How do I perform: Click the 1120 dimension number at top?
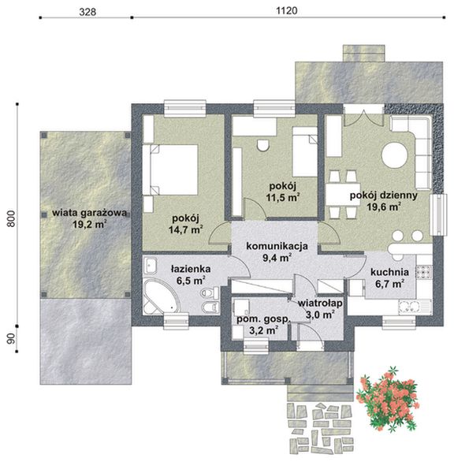click(287, 11)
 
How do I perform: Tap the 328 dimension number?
click(87, 12)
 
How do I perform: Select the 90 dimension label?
click(11, 339)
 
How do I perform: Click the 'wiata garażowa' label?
click(89, 213)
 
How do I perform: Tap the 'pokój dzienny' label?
click(383, 196)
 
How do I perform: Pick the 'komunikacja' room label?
click(277, 246)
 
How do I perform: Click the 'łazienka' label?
click(191, 269)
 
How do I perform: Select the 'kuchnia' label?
click(389, 272)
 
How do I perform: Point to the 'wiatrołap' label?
click(320, 303)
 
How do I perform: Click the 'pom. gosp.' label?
click(263, 320)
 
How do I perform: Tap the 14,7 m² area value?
click(185, 230)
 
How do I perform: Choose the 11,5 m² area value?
click(283, 197)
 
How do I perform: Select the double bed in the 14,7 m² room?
click(170, 169)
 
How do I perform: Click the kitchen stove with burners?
click(424, 272)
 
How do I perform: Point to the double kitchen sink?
click(414, 307)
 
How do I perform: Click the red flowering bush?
click(388, 398)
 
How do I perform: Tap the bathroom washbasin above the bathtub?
click(150, 266)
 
